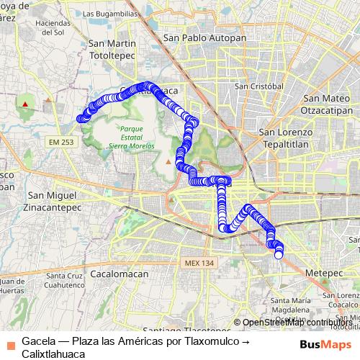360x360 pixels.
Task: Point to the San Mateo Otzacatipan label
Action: [x=328, y=105]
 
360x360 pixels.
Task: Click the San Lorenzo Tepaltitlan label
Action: [x=285, y=138]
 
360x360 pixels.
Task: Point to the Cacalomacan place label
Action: [x=120, y=274]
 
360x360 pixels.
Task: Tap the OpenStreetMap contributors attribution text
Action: [x=297, y=323]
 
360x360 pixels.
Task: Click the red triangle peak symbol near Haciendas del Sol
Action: [x=25, y=104]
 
